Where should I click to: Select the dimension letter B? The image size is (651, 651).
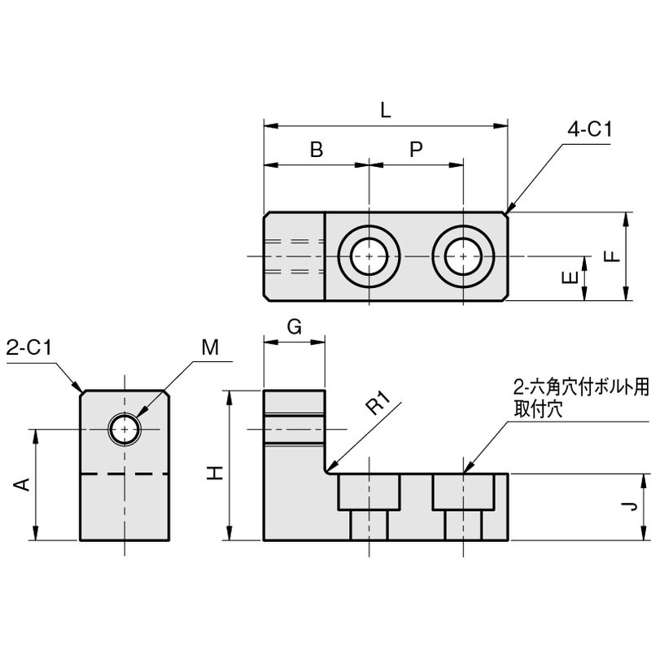[317, 150]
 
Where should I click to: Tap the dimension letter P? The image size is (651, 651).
[416, 150]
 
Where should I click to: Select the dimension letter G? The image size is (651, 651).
[295, 327]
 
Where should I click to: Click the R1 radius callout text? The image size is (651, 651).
[379, 404]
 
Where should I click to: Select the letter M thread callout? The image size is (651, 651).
[210, 348]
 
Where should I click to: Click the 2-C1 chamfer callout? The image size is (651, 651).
[28, 348]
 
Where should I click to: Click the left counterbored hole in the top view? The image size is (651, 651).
[369, 256]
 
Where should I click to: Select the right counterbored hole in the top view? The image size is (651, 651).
[463, 256]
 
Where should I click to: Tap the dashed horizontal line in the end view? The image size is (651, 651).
[125, 474]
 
